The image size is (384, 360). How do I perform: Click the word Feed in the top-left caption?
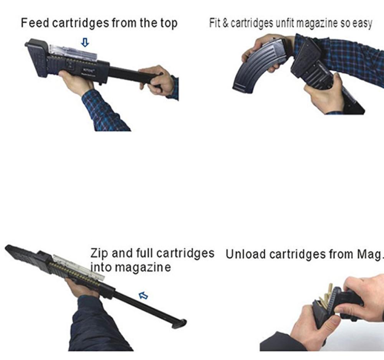(x=35, y=23)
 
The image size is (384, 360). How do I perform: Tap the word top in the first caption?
(x=169, y=23)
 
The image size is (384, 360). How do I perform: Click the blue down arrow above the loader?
(x=85, y=42)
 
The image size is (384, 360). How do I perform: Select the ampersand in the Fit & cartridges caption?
(x=225, y=23)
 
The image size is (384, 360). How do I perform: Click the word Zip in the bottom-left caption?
(x=99, y=254)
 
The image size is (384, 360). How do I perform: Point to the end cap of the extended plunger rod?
(x=179, y=324)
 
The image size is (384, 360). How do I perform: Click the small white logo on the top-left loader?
(x=88, y=70)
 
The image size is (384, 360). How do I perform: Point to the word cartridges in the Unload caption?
(x=298, y=254)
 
